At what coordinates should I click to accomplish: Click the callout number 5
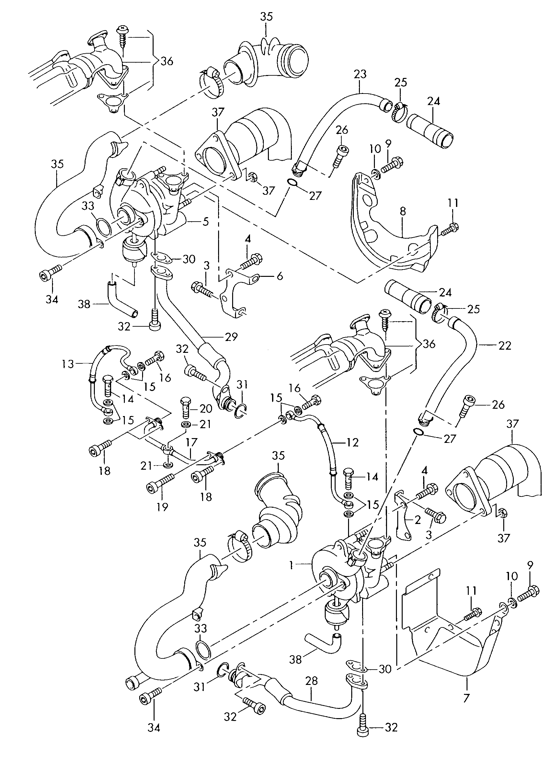click(x=206, y=221)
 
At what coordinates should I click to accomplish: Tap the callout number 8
click(x=403, y=211)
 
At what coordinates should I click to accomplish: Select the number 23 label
click(x=360, y=74)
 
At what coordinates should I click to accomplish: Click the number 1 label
click(x=292, y=565)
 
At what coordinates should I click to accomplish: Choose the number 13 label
click(x=68, y=364)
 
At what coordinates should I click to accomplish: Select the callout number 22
click(x=505, y=346)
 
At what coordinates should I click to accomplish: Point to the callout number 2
click(x=417, y=520)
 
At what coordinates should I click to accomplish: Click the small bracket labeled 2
click(x=404, y=522)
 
